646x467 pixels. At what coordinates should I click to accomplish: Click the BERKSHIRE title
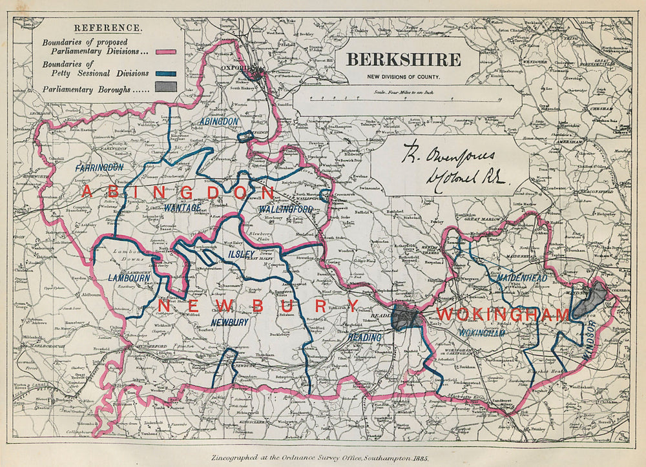(404, 59)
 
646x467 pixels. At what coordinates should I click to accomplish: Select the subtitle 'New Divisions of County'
(404, 77)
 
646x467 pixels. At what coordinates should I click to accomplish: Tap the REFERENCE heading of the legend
(108, 28)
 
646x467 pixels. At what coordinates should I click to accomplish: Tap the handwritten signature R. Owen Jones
(449, 156)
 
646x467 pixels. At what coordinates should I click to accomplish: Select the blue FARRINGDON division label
(99, 167)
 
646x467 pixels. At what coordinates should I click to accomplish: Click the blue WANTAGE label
(183, 207)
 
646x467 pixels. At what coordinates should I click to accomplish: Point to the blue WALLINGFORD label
(286, 210)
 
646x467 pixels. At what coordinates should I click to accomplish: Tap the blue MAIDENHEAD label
(522, 278)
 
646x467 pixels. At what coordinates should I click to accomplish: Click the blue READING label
(365, 337)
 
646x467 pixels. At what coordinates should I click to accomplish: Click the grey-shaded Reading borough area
(405, 317)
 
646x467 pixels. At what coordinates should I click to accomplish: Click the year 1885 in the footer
(420, 457)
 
